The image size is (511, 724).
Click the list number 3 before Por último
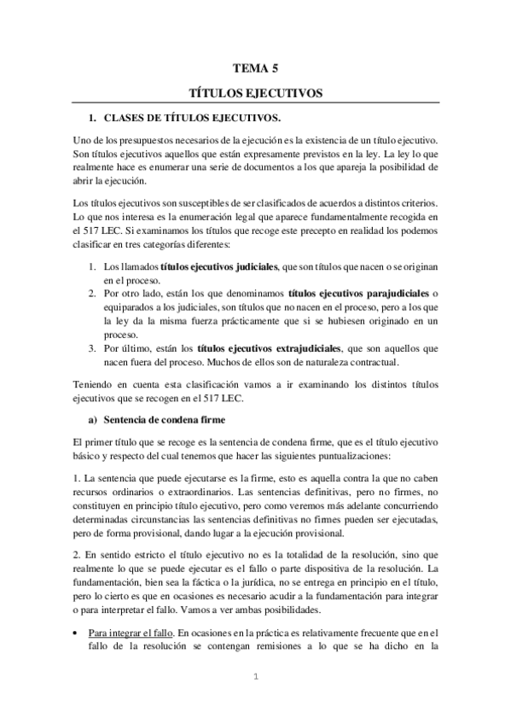tap(94, 348)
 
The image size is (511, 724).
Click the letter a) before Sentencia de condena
tap(94, 419)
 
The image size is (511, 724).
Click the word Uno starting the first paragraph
tap(83, 138)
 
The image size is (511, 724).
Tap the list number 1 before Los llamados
tap(94, 243)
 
